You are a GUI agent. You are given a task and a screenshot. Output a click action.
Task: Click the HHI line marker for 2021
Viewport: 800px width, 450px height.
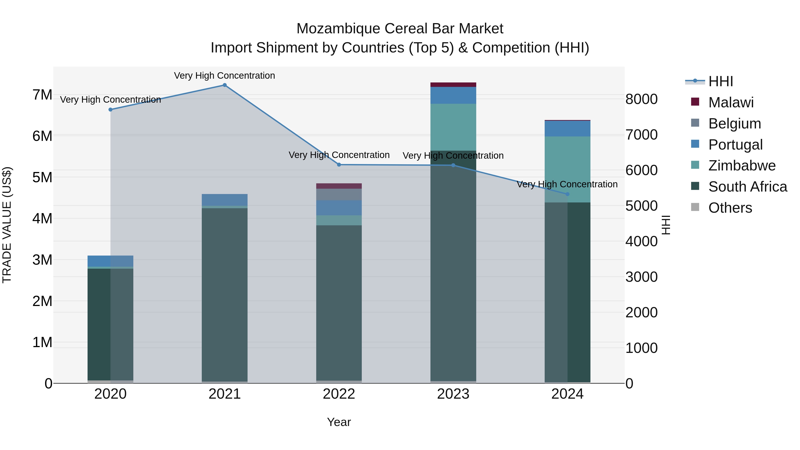coord(224,85)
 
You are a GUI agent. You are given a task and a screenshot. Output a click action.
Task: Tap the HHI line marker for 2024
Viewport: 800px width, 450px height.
coord(567,194)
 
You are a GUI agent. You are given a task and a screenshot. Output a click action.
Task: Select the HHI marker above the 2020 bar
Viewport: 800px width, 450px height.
coord(111,110)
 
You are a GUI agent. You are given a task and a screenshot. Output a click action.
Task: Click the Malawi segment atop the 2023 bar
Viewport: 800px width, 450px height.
coord(453,85)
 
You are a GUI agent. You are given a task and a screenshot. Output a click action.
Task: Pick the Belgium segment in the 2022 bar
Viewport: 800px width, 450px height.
coord(339,194)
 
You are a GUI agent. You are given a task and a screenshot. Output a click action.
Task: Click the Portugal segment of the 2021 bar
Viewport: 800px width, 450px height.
coord(224,200)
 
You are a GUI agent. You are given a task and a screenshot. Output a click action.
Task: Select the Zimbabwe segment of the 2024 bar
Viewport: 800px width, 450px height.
coord(567,169)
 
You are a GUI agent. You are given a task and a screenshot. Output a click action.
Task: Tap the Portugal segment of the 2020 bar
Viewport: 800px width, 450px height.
coord(111,261)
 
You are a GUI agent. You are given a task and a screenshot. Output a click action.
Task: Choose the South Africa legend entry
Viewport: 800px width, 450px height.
coord(747,187)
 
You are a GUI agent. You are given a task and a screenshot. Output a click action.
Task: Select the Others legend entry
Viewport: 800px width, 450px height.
coord(730,208)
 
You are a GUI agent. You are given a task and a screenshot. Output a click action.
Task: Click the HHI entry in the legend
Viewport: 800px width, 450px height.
coord(720,81)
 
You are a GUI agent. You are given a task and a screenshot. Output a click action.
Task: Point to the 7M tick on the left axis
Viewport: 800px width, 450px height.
coord(42,95)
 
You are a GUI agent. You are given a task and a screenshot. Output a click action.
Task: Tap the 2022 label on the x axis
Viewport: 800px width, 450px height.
coord(339,394)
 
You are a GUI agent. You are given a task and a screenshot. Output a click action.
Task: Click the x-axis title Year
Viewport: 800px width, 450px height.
coord(339,422)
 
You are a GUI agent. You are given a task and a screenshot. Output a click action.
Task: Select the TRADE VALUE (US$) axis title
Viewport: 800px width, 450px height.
coord(7,225)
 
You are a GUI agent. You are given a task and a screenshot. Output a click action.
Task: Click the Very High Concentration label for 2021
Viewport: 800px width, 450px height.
coord(224,76)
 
